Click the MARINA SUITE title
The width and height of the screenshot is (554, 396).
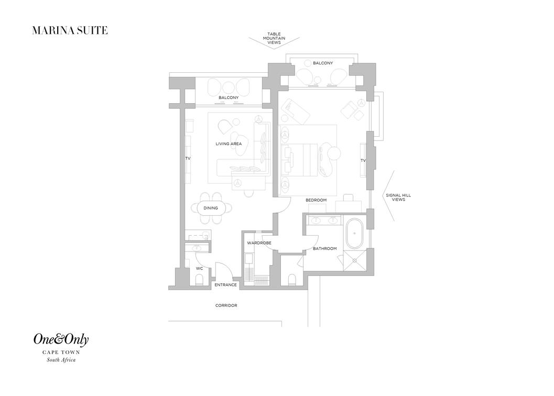pos(70,30)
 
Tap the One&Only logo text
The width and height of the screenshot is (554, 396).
pos(61,340)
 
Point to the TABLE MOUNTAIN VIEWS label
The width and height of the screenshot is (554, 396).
pos(274,38)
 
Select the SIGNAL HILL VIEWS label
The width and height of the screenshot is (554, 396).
pos(398,197)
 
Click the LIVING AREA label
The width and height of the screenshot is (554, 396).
pos(229,144)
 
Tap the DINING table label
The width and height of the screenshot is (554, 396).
pos(211,208)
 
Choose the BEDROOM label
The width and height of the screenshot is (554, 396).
pos(316,200)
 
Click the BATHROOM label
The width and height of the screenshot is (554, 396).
pos(325,248)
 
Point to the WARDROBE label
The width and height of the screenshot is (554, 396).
pos(259,243)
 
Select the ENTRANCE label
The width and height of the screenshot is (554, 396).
pos(225,285)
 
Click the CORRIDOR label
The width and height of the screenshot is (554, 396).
pos(226,305)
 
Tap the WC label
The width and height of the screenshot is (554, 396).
pos(199,269)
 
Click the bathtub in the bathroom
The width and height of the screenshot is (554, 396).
pos(354,234)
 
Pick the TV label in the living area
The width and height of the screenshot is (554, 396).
pos(188,159)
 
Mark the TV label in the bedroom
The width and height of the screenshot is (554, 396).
pos(363,160)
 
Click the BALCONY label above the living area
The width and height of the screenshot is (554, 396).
pos(229,97)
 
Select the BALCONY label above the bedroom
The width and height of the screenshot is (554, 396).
pos(322,63)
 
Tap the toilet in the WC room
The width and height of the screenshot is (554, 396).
pos(199,280)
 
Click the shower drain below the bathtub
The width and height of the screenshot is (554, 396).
pos(354,260)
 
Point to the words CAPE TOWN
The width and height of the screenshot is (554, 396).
pos(61,352)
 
